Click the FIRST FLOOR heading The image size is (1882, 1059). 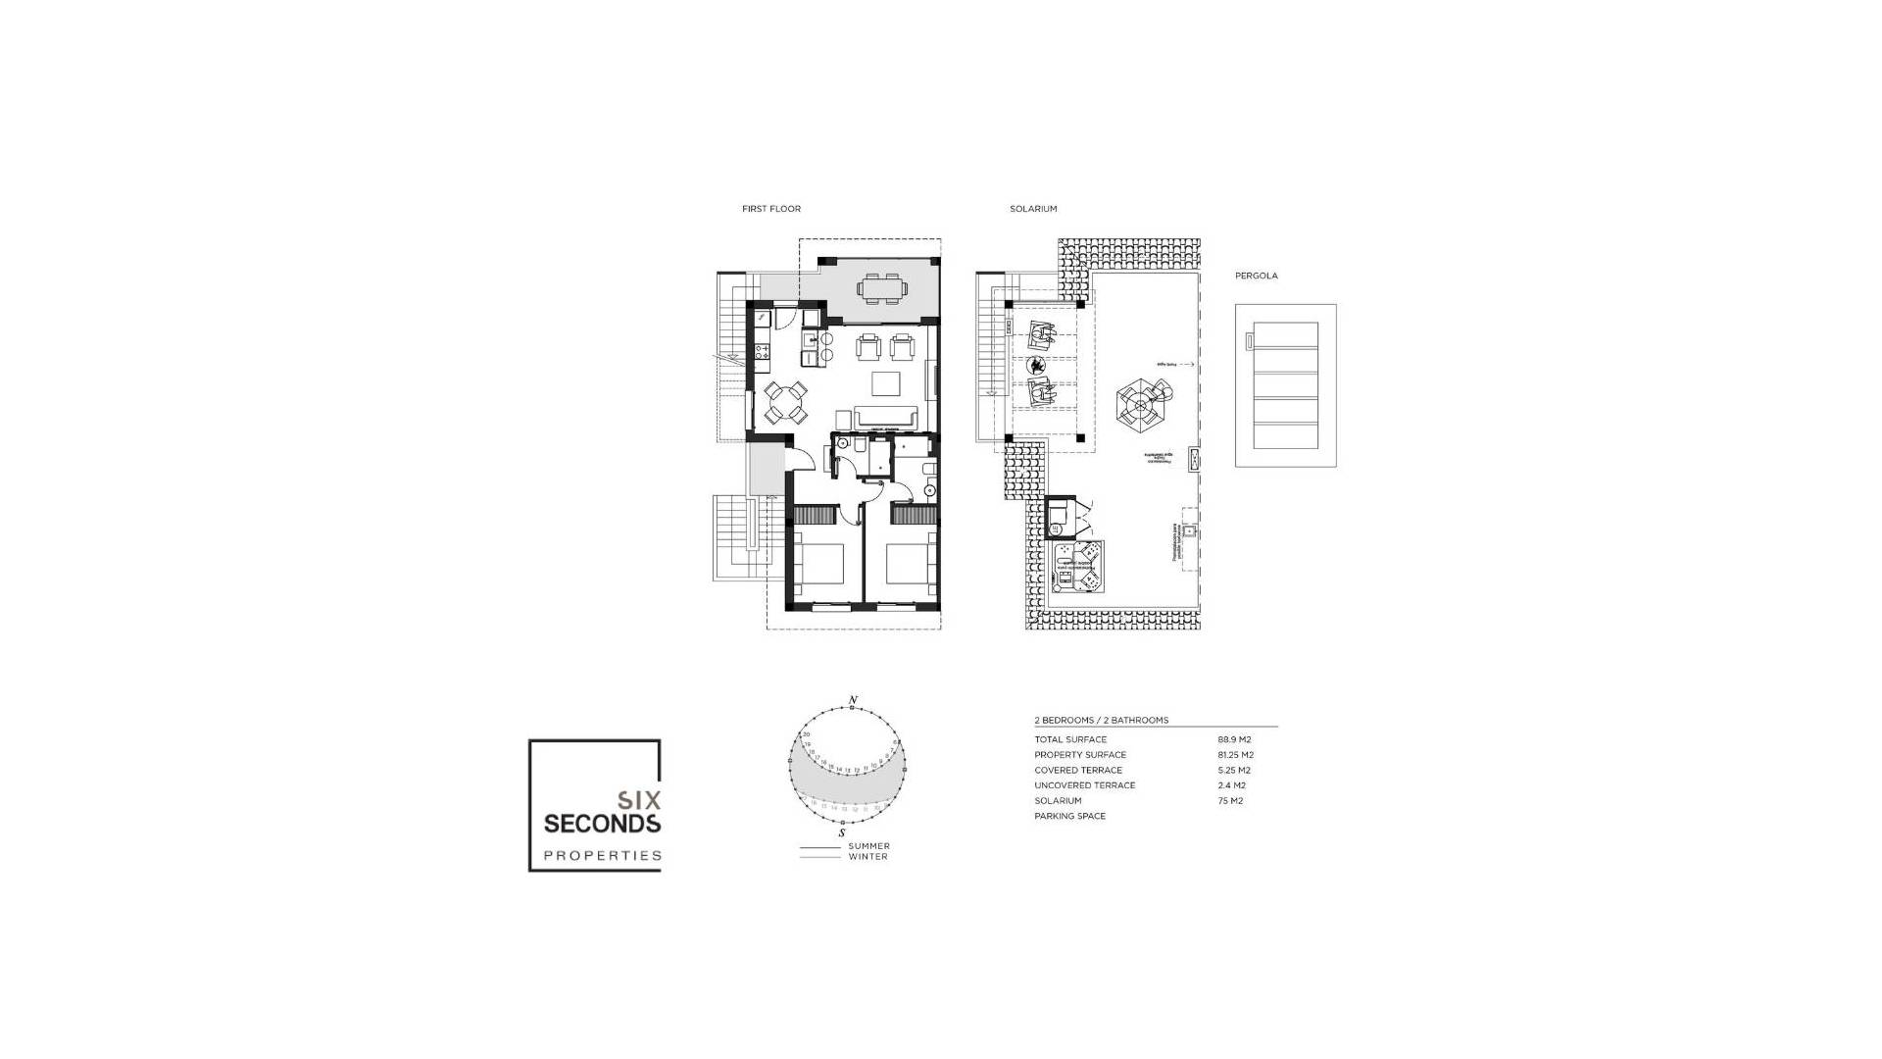click(771, 209)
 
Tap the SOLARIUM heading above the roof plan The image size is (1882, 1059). click(1033, 209)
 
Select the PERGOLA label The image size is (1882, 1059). click(1256, 276)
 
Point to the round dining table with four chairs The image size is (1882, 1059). click(786, 401)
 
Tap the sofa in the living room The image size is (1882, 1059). click(887, 419)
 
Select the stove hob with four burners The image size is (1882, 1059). click(762, 346)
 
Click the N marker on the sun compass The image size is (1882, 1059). click(853, 700)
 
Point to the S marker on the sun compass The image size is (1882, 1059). click(842, 832)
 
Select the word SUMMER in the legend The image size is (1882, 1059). click(868, 846)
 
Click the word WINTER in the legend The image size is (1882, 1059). click(867, 857)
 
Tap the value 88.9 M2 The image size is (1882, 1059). click(1234, 739)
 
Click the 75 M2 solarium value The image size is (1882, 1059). click(1230, 801)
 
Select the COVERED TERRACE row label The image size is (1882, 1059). click(1078, 771)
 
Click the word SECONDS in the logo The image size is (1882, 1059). click(602, 823)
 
